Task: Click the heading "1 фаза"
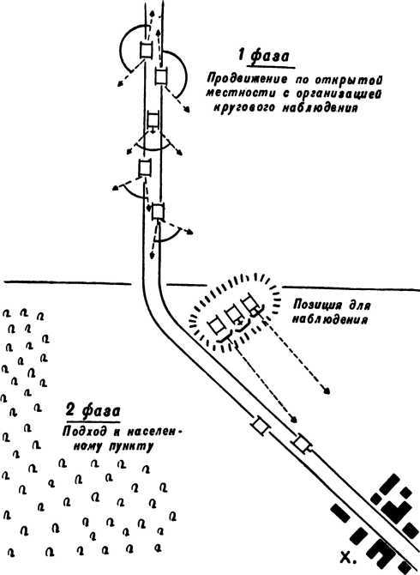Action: pyautogui.click(x=263, y=56)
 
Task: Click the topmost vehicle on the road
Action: pyautogui.click(x=146, y=50)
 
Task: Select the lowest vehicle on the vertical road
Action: pyautogui.click(x=158, y=212)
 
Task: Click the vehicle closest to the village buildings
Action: pyautogui.click(x=302, y=443)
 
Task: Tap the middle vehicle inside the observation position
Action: pyautogui.click(x=233, y=316)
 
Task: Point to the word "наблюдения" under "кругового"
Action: pyautogui.click(x=320, y=108)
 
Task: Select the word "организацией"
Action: pyautogui.click(x=339, y=94)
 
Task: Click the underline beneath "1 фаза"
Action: pyautogui.click(x=271, y=67)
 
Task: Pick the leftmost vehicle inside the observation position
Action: pyautogui.click(x=216, y=326)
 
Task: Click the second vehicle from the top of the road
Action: pyautogui.click(x=161, y=76)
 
